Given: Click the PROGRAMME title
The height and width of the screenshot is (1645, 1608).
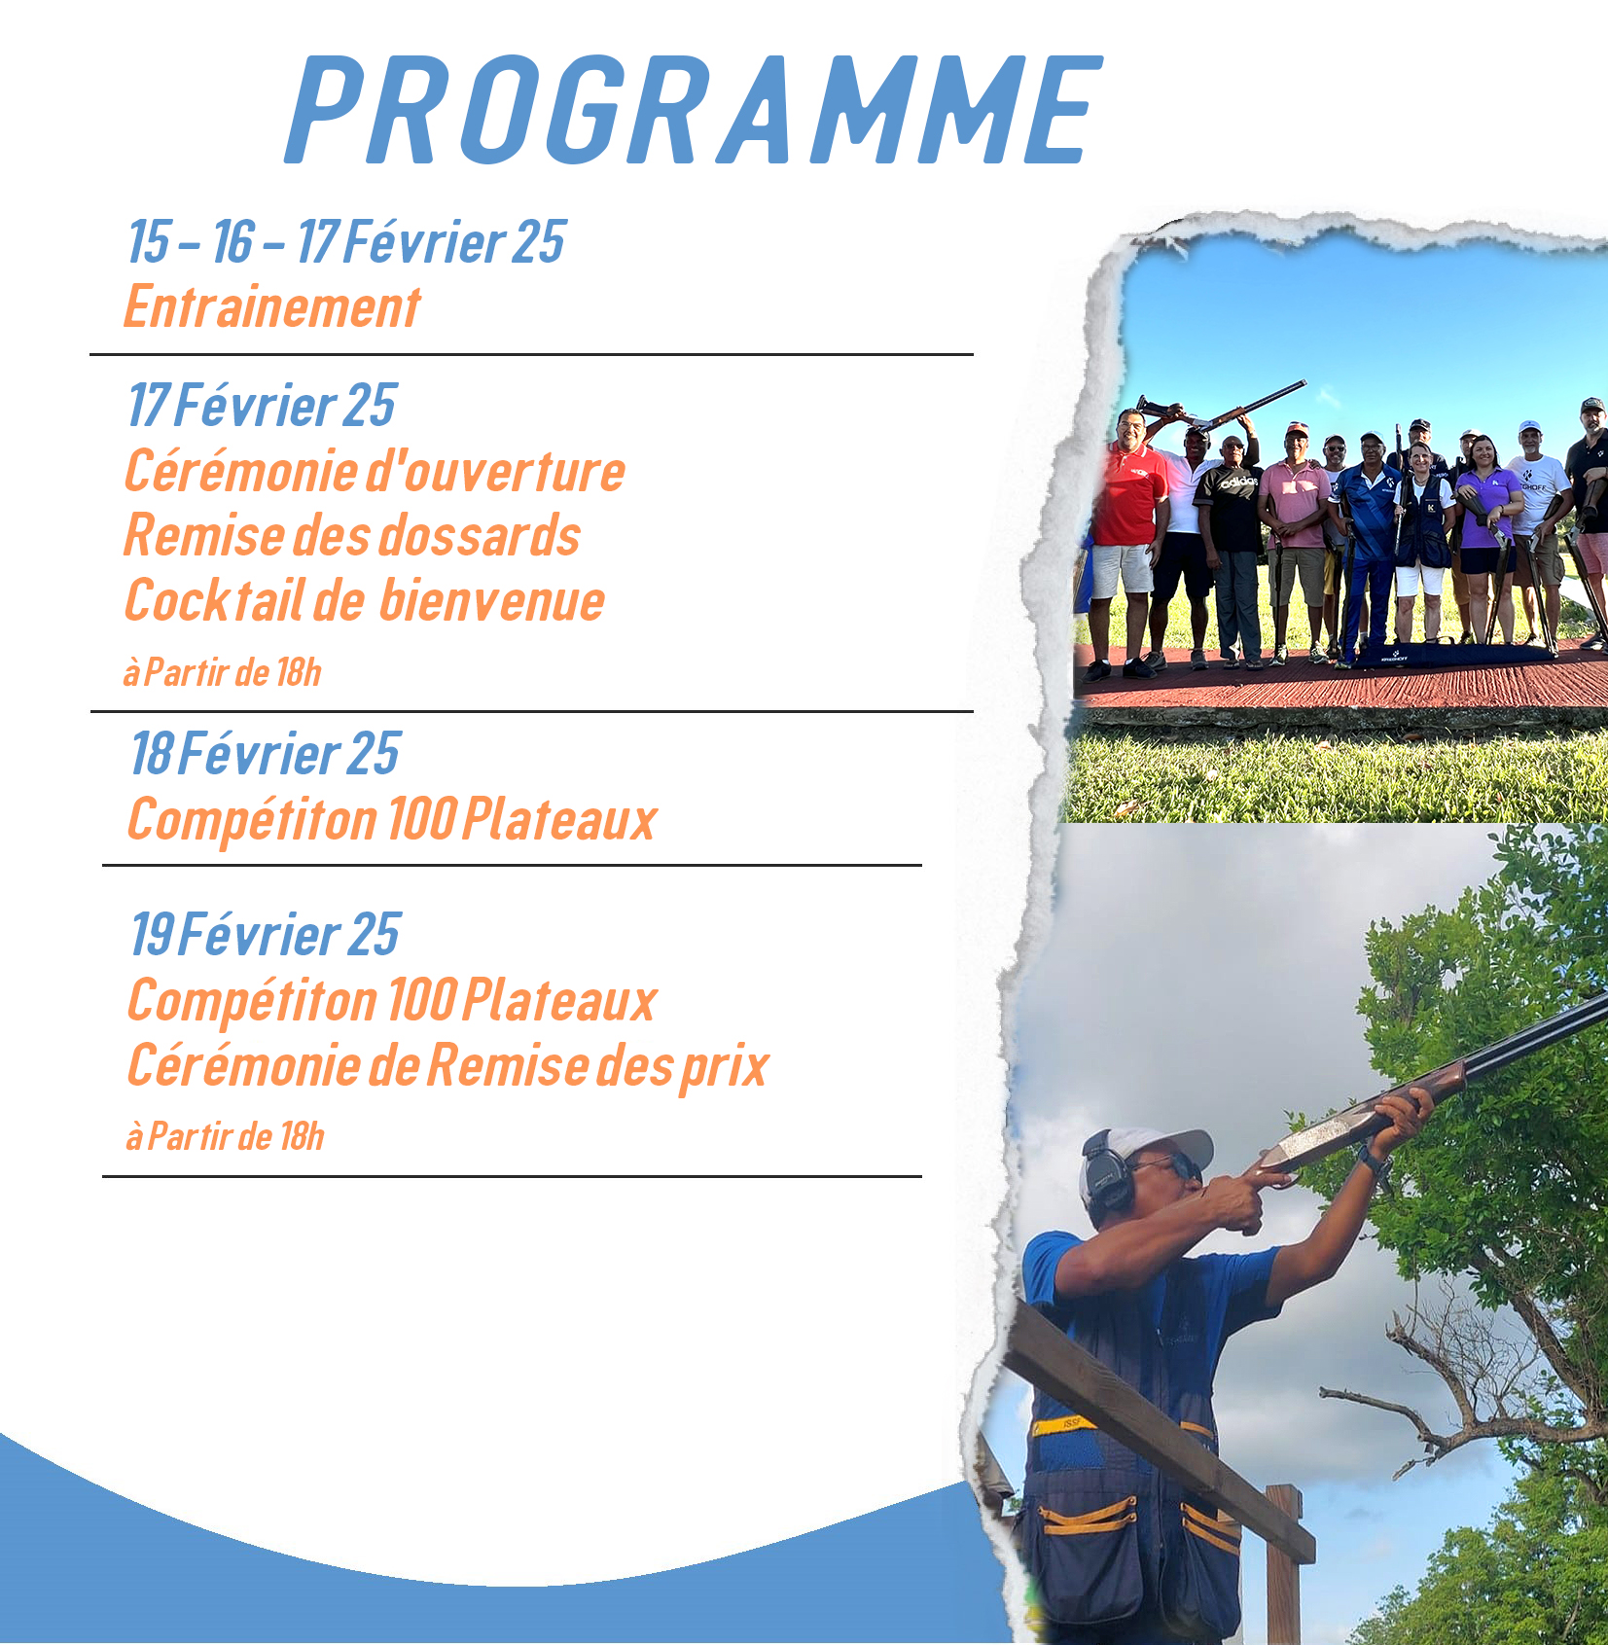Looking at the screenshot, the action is point(695,109).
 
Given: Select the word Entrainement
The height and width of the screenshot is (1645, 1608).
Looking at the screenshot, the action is point(272,307).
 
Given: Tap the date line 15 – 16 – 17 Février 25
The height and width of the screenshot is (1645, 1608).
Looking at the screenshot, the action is point(346,241).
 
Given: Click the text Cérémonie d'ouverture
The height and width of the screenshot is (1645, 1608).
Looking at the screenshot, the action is point(375,471).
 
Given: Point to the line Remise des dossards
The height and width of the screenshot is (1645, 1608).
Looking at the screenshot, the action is point(352,535).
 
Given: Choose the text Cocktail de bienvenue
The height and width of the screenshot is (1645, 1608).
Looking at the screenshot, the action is point(365,600).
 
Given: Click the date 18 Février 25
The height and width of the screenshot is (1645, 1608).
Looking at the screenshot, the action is point(265,754).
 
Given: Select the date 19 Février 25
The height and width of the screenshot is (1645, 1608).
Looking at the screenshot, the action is point(265,935).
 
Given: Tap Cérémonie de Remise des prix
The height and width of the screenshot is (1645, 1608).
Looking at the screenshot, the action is point(447,1066).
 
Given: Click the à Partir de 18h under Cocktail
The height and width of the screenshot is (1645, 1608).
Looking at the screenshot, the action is point(222,672).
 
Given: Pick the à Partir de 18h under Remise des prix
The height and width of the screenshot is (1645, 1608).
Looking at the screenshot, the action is point(225,1136).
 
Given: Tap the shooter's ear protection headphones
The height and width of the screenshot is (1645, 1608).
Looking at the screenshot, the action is point(1109,1180).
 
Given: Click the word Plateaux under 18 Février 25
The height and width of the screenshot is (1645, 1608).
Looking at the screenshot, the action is point(559,819).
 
